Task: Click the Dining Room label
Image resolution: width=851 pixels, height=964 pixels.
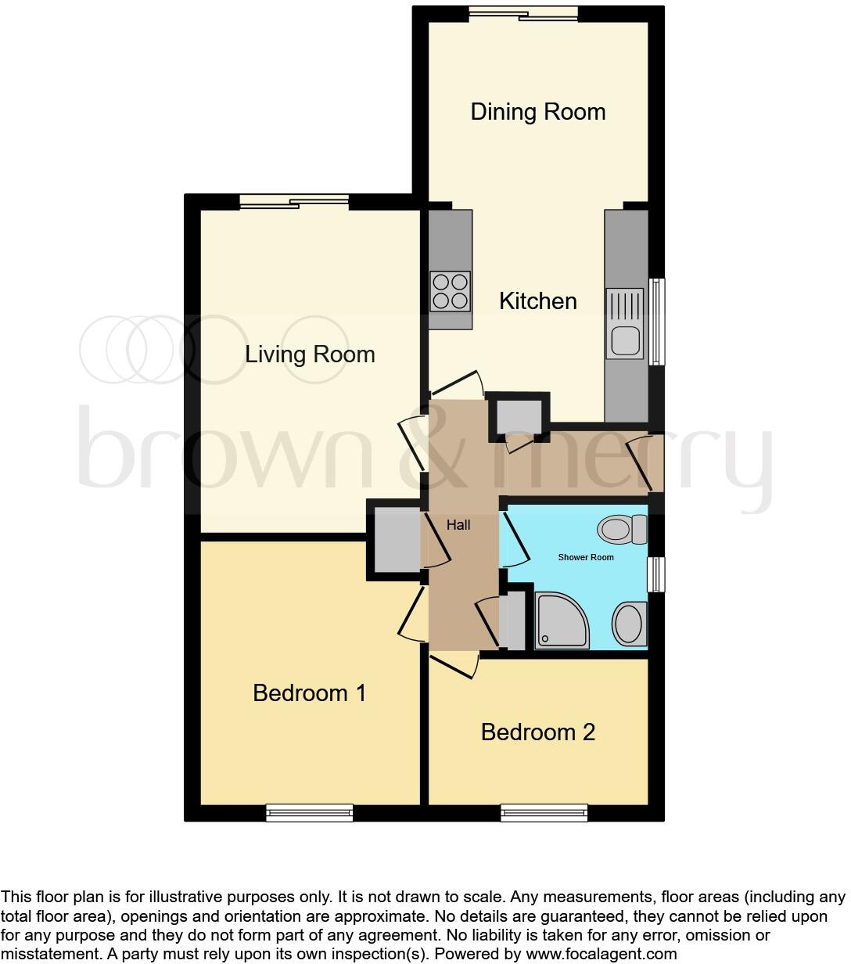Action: (538, 112)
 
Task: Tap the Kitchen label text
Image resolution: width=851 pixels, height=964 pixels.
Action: (538, 301)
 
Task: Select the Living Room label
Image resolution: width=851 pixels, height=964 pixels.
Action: (310, 354)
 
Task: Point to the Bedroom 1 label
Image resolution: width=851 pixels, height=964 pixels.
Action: (310, 693)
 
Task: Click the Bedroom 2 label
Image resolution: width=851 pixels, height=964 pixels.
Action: (538, 732)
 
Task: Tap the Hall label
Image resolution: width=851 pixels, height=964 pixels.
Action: (458, 525)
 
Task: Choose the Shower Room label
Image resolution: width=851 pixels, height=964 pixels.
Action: (586, 557)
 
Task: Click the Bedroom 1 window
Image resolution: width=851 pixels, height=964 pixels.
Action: (310, 813)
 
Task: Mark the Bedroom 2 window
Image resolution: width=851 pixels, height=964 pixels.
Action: (544, 813)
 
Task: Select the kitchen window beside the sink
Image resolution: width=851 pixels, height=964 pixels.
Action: (659, 322)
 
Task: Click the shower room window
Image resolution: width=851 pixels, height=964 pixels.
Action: (658, 574)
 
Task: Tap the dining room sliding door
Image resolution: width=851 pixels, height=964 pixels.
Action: (524, 14)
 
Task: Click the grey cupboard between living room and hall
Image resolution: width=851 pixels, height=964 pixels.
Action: (397, 540)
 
